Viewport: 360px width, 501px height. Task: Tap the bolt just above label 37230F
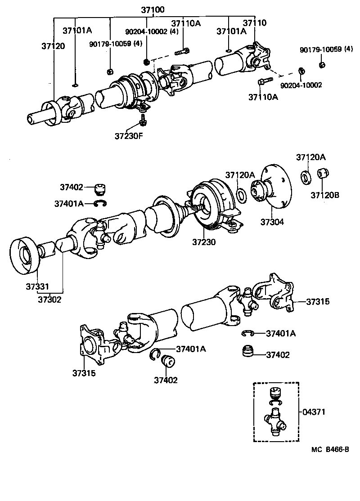143,120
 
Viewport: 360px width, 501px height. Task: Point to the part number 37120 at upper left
53,46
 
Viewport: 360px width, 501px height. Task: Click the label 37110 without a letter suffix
254,23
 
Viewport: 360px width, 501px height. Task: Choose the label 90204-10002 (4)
152,31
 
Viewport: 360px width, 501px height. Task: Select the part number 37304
271,222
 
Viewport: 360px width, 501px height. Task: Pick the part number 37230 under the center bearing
204,242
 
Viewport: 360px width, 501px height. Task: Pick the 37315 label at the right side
318,302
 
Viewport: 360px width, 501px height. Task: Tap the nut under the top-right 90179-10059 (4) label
322,65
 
